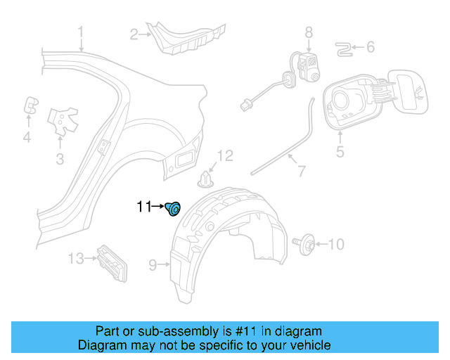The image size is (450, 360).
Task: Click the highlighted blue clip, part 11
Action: pos(173,207)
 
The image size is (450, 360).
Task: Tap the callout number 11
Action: pos(144,207)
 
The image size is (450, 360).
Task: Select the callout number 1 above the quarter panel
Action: pos(81,32)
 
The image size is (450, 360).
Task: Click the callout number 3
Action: pos(60,160)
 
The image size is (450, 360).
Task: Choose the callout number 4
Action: pos(27,138)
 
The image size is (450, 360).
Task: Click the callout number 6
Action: pos(371,48)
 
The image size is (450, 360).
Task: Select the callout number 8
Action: pos(308,32)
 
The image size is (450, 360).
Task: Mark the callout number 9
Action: pos(153,265)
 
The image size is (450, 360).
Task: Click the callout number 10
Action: pos(337,244)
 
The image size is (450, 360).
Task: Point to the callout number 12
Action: pos(224,155)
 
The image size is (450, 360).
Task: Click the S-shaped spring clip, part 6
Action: pos(343,48)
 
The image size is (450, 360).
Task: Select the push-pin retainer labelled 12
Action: pos(205,179)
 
